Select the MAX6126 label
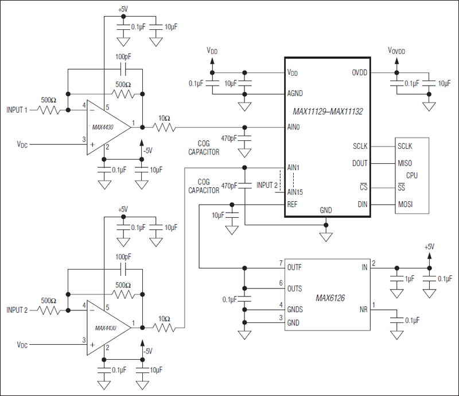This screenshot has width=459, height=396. (x=330, y=298)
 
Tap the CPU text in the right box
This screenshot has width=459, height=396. (x=412, y=175)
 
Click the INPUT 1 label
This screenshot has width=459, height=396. (x=17, y=109)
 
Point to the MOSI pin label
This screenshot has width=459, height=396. (x=405, y=205)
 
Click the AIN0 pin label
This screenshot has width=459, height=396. (x=294, y=127)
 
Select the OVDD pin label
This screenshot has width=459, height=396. (x=359, y=72)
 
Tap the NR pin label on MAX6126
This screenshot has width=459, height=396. (x=363, y=309)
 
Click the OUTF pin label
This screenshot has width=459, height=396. (x=295, y=268)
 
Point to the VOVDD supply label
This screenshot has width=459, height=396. (x=396, y=51)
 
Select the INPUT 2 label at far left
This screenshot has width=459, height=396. (x=17, y=310)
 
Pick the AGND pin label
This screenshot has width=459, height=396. (x=295, y=93)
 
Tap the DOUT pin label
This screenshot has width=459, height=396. (x=359, y=163)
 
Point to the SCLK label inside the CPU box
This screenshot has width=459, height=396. (x=405, y=146)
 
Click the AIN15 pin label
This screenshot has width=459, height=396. (x=295, y=191)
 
